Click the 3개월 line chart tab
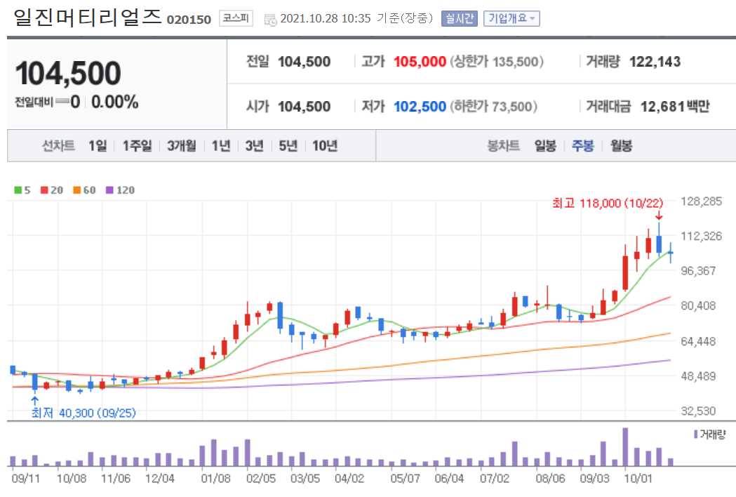click(182, 146)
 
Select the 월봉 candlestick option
click(621, 146)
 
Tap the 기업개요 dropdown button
click(511, 19)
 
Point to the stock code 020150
click(189, 20)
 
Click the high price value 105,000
click(420, 62)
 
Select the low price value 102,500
click(420, 107)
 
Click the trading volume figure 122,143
click(655, 62)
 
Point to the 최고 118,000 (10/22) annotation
click(608, 203)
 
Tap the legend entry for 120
click(121, 190)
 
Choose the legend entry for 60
click(85, 190)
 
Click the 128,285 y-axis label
click(702, 201)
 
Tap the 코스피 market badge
click(235, 19)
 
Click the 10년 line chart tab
click(325, 146)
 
